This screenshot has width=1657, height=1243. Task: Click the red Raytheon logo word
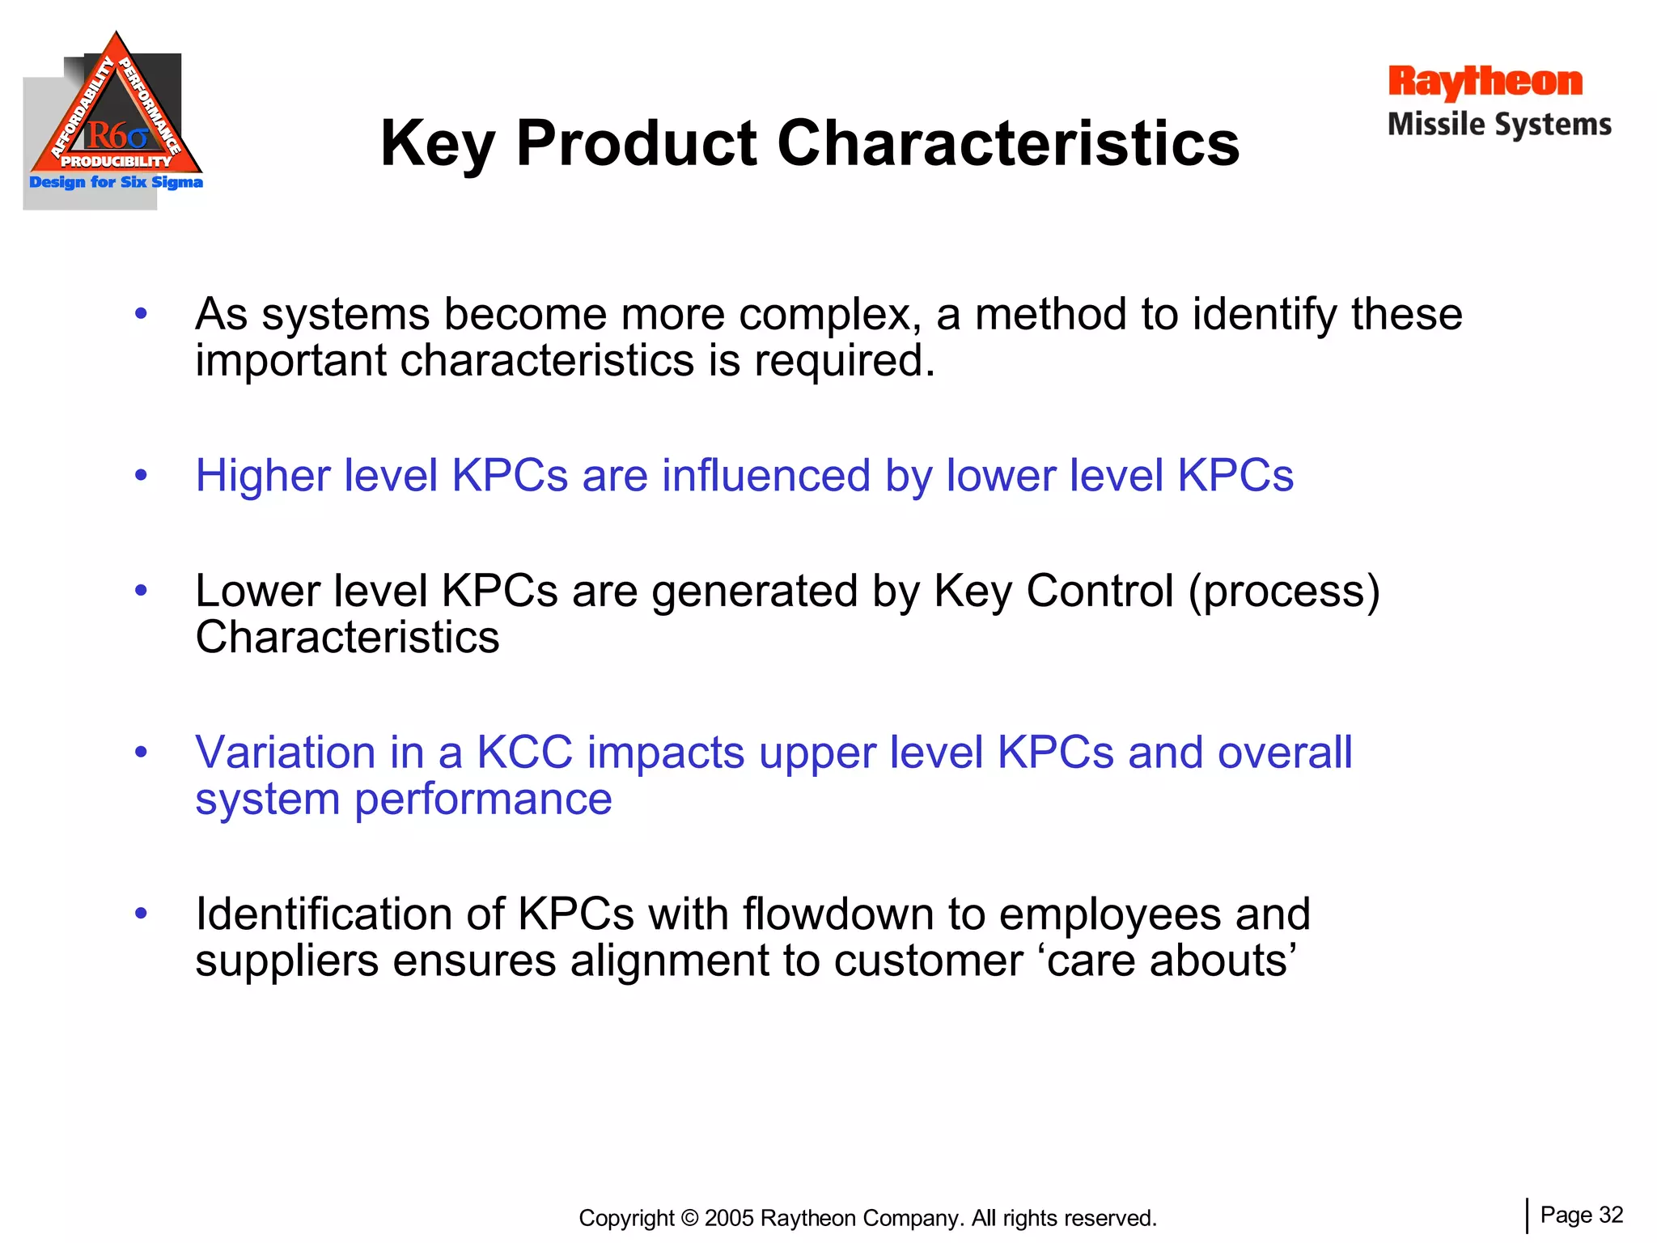[1485, 82]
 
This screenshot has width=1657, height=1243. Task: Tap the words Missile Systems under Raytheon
[1499, 125]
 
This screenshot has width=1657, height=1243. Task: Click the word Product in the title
[637, 143]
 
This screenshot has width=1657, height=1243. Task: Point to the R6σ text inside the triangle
[117, 135]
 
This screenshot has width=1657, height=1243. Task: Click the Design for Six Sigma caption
[116, 182]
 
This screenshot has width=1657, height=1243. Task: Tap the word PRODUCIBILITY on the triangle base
[117, 161]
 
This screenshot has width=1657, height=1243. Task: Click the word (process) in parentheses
[1284, 592]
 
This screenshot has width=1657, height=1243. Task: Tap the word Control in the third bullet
[1099, 591]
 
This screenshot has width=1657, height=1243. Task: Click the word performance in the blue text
[483, 800]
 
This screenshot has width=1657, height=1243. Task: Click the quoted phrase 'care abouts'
[1172, 961]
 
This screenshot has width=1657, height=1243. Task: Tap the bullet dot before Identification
[142, 914]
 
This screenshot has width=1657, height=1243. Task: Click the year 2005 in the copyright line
[729, 1218]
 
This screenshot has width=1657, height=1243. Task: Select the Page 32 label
[1581, 1215]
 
